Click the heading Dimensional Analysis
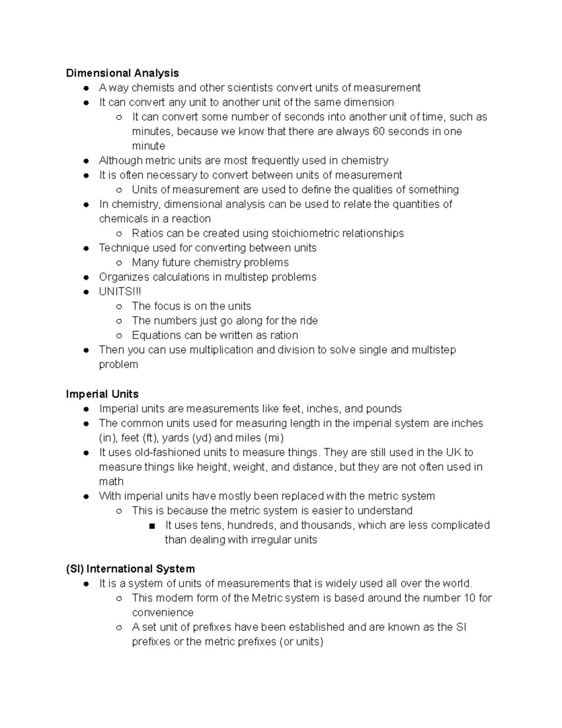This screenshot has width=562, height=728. (122, 73)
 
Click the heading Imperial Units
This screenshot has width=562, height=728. (102, 394)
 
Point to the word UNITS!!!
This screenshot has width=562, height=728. (120, 292)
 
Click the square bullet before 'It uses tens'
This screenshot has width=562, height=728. (152, 526)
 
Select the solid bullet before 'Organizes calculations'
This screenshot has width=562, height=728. (86, 278)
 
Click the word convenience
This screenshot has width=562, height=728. (163, 613)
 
